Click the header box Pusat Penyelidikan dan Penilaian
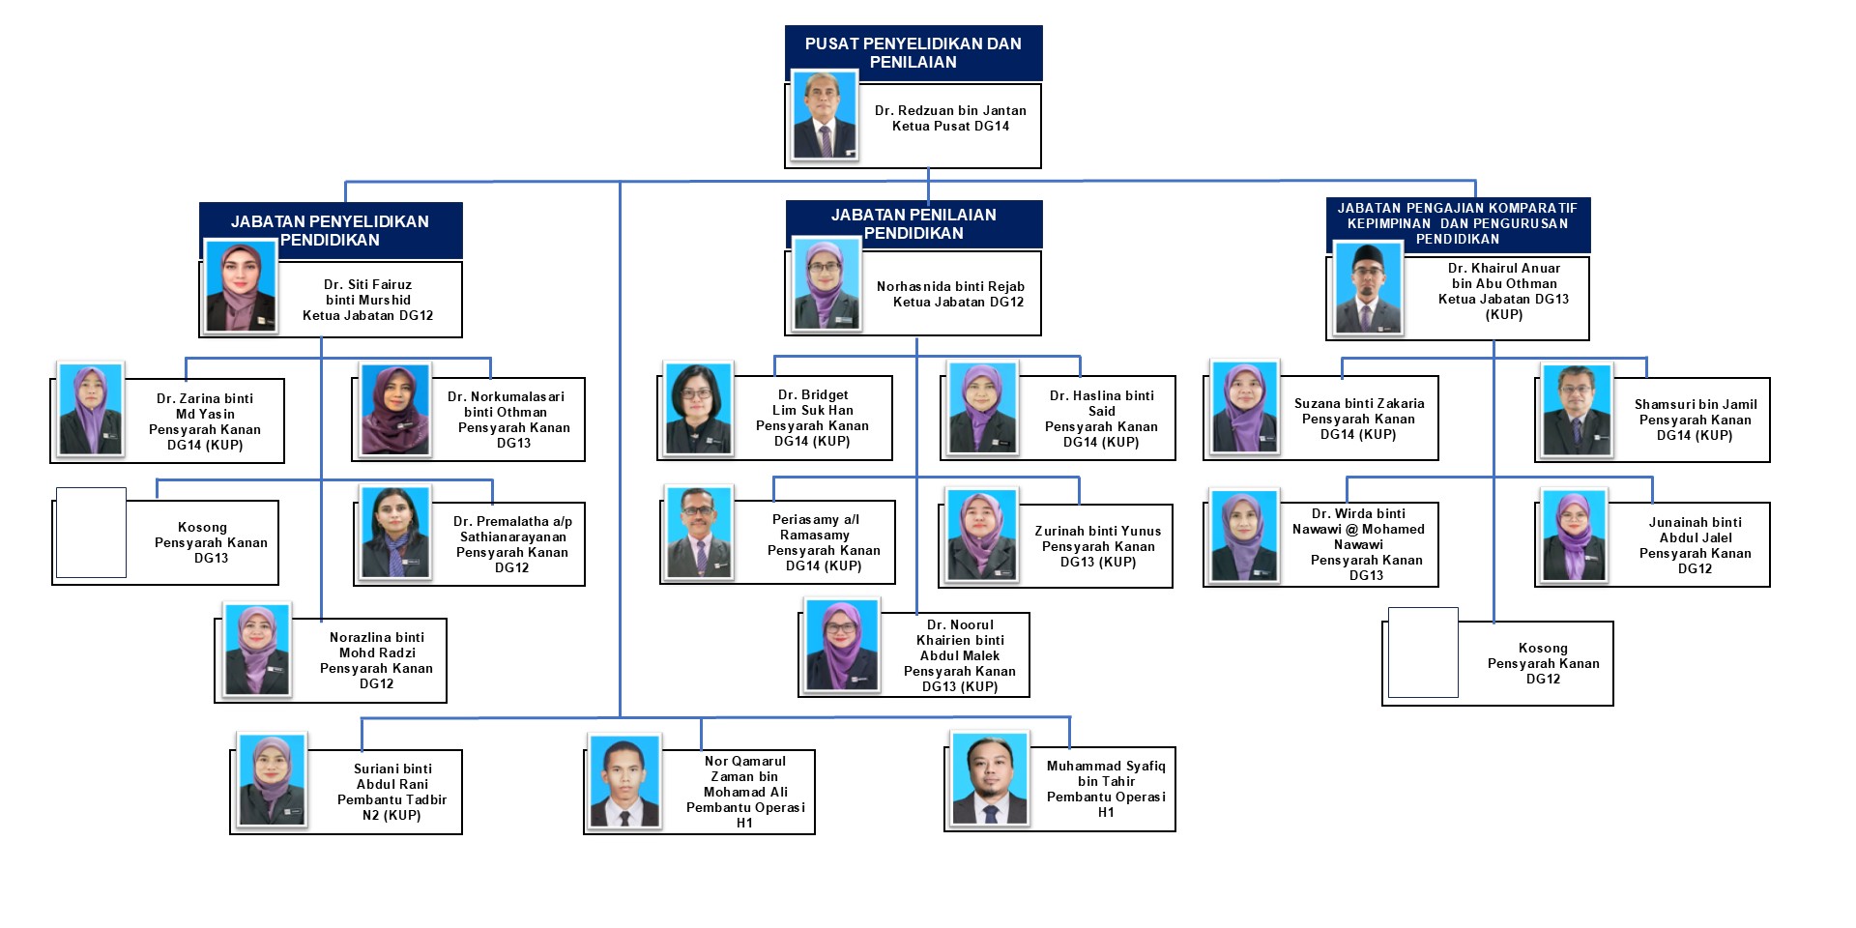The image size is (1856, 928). click(x=913, y=52)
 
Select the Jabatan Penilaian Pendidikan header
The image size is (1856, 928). click(x=913, y=223)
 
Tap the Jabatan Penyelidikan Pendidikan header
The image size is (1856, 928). click(x=330, y=230)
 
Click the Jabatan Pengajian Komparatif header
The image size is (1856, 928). click(x=1457, y=223)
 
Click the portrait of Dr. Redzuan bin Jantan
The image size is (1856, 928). click(x=825, y=115)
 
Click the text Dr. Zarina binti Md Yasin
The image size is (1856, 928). click(x=205, y=406)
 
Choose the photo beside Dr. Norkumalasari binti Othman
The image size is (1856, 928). click(x=394, y=410)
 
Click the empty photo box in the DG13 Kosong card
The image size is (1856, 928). click(x=91, y=533)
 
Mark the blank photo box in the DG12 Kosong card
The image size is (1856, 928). click(x=1422, y=652)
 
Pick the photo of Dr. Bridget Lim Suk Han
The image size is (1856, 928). click(x=698, y=408)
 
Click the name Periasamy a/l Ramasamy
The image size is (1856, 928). click(x=815, y=527)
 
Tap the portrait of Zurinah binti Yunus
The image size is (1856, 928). click(x=982, y=534)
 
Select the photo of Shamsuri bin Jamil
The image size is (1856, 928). click(x=1577, y=410)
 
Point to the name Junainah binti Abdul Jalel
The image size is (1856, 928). click(x=1695, y=530)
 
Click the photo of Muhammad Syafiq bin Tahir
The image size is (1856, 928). click(x=990, y=779)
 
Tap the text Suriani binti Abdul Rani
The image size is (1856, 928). click(x=391, y=776)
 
